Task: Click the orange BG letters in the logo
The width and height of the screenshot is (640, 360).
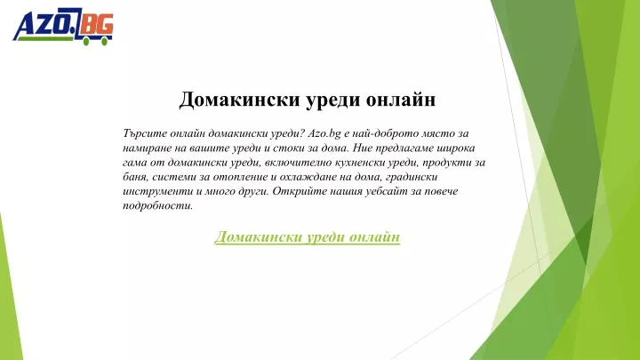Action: pos(97,26)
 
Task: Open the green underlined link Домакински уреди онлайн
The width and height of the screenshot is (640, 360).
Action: pos(307,236)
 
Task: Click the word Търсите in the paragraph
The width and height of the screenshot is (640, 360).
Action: pos(145,133)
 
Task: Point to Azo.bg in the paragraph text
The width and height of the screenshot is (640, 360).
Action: pos(324,133)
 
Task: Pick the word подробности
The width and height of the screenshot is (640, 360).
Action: pos(157,205)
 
